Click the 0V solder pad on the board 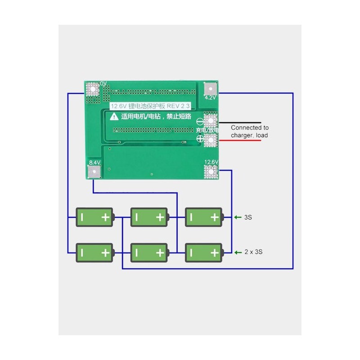tap(93, 89)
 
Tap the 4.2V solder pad tap(210, 88)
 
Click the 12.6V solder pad tap(211, 171)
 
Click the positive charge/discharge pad tap(210, 140)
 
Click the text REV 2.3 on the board tap(179, 106)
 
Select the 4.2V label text tap(211, 98)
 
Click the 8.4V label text tap(94, 162)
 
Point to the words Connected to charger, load tap(250, 131)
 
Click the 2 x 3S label tap(253, 252)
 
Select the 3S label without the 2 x tap(248, 217)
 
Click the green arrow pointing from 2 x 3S tap(238, 252)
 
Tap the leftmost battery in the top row tap(94, 217)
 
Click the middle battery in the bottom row tap(149, 252)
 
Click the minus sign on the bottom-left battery tap(82, 252)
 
